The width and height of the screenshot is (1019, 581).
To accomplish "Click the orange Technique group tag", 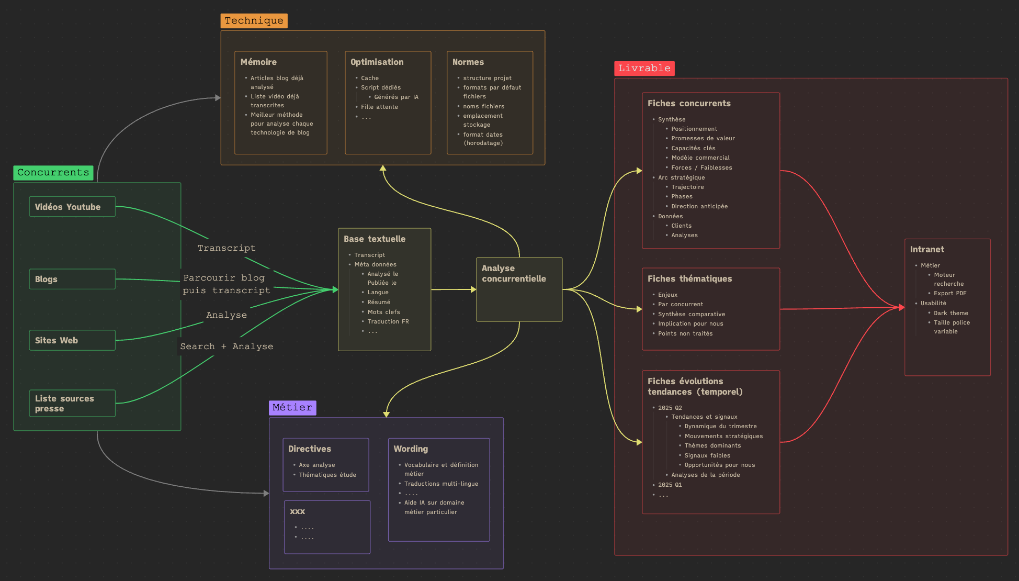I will [254, 21].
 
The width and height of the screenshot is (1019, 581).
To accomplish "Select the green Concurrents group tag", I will [53, 173].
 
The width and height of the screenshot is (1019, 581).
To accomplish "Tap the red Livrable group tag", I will [644, 69].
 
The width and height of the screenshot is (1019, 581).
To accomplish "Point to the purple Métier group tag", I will [292, 408].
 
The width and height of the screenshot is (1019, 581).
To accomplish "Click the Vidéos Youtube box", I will [72, 207].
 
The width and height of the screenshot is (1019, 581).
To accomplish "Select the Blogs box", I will [72, 279].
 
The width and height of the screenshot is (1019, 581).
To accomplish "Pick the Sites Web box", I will [72, 340].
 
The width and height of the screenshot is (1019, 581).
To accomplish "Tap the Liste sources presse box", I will [72, 403].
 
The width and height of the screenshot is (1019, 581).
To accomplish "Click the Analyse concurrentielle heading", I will [514, 273].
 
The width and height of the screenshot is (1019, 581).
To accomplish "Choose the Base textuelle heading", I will [375, 239].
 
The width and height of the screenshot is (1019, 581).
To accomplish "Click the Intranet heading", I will [927, 250].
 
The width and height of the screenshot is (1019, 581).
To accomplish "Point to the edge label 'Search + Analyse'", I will [227, 347].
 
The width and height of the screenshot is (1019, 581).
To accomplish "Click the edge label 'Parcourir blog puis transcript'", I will [227, 284].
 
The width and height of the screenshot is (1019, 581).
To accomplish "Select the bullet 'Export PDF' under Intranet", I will [950, 294].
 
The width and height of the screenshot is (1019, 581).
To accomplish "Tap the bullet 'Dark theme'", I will [951, 314].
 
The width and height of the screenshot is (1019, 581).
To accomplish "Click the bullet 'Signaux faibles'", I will [707, 456].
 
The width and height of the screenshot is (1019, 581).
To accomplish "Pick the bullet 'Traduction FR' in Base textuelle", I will [388, 322].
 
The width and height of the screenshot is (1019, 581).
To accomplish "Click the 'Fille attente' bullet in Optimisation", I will [379, 107].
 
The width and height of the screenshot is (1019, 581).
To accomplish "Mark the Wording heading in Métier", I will [411, 449].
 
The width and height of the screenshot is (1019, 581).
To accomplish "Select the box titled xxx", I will [327, 527].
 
